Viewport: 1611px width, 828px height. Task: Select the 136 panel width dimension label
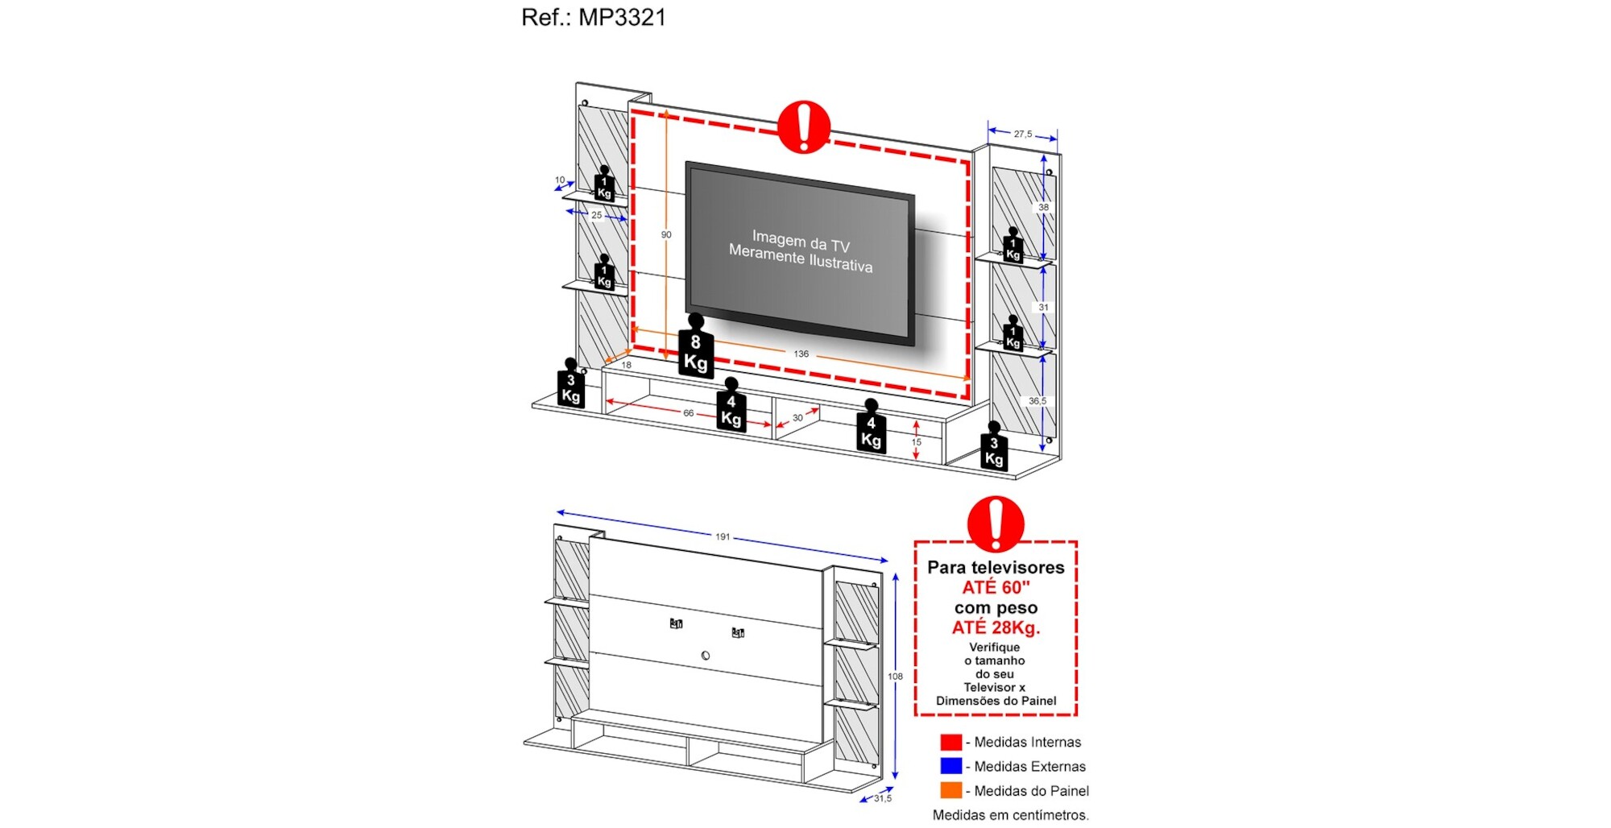(x=801, y=354)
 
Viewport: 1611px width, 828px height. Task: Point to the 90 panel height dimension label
(x=666, y=234)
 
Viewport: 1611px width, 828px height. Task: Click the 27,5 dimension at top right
(x=1023, y=134)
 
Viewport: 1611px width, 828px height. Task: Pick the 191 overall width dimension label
(x=723, y=536)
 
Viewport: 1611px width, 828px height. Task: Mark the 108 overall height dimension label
(x=895, y=677)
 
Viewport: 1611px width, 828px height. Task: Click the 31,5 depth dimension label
(x=883, y=798)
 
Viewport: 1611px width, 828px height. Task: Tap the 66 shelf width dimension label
(x=688, y=413)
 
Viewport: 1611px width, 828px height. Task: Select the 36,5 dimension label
(x=1037, y=400)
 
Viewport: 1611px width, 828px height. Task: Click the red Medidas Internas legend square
(x=950, y=742)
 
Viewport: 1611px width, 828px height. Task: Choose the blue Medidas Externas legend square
(x=950, y=766)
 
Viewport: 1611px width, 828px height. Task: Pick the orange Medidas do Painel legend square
(x=950, y=790)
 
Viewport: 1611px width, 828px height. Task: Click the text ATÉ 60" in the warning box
(x=996, y=587)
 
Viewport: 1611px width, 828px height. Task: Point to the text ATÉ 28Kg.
(x=996, y=627)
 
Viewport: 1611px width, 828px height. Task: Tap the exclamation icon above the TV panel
(x=803, y=126)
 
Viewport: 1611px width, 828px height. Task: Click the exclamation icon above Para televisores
(x=996, y=524)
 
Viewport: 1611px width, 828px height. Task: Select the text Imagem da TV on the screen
(x=801, y=241)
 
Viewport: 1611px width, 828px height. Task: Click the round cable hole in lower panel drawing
(x=706, y=656)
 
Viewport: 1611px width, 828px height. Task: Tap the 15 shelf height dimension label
(x=916, y=442)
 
